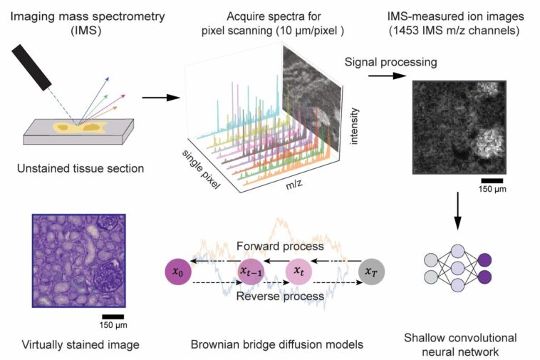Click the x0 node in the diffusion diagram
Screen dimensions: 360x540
177,272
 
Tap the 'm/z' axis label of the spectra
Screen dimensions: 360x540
281,185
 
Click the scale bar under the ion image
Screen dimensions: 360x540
492,180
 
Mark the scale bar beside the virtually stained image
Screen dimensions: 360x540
113,316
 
